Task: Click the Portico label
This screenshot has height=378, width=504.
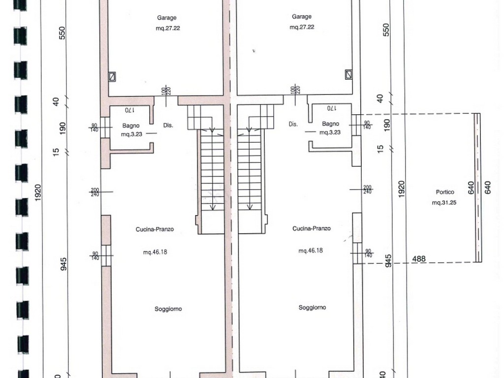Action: tap(445, 192)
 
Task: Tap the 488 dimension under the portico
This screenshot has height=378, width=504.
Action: tap(419, 259)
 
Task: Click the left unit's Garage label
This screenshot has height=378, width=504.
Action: tap(166, 18)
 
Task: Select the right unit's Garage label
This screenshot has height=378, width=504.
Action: tap(302, 17)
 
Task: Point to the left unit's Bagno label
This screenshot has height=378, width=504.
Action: tap(131, 126)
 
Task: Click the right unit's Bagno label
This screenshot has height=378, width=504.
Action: tap(330, 124)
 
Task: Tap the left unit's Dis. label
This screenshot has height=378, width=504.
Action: tap(168, 126)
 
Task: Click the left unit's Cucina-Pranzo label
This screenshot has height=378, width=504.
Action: tap(155, 229)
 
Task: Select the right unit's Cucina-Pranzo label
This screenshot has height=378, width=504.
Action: tap(312, 228)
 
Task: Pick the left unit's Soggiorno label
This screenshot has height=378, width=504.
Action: tap(168, 309)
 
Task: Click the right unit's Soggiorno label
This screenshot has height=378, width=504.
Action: tap(312, 308)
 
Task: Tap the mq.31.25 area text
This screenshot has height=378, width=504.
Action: tap(444, 202)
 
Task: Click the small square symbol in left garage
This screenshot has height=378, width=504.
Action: tap(112, 76)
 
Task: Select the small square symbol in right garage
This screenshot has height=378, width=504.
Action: tap(348, 75)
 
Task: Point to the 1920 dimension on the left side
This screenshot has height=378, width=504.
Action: tap(38, 193)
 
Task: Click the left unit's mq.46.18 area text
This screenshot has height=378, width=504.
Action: tap(155, 252)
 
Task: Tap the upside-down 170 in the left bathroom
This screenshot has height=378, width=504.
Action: tap(129, 110)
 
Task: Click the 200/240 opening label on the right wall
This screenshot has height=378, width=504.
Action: tap(367, 189)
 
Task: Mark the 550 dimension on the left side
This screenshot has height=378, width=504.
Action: tap(63, 33)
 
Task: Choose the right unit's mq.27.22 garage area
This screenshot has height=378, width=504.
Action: tap(302, 27)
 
